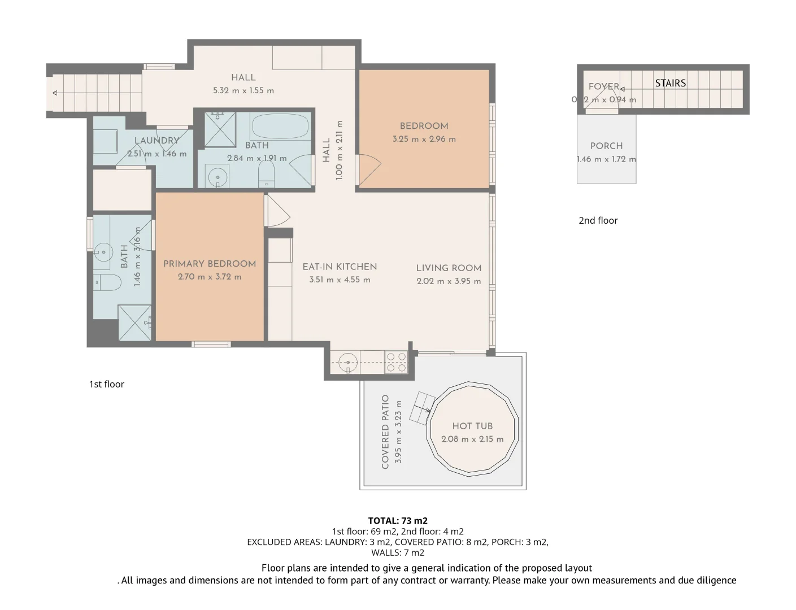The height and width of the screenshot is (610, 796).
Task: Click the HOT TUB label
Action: (x=472, y=426)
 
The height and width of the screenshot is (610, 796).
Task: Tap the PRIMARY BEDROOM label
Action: (x=210, y=264)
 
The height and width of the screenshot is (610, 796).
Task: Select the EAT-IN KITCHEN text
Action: (x=340, y=267)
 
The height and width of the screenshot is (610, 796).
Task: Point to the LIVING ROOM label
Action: (x=449, y=268)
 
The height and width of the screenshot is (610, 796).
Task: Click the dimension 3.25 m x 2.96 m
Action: (x=424, y=139)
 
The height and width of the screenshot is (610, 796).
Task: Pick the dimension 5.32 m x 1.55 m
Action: (x=243, y=90)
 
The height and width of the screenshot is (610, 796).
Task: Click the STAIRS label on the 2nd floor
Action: (x=671, y=83)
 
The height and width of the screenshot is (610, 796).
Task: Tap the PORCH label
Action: (x=606, y=146)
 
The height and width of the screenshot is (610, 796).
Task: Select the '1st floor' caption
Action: (x=106, y=384)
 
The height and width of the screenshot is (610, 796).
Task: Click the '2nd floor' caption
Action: (x=598, y=220)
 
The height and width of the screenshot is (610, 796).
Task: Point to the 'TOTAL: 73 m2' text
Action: (x=398, y=521)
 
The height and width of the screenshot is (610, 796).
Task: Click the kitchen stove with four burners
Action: (x=396, y=362)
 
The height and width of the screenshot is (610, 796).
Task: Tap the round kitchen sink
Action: (x=349, y=362)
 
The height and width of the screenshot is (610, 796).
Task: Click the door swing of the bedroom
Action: (x=369, y=169)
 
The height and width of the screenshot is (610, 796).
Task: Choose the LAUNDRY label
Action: (x=156, y=141)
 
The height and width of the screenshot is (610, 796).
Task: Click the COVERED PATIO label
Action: (x=385, y=432)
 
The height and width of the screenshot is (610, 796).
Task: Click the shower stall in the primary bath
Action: (x=134, y=323)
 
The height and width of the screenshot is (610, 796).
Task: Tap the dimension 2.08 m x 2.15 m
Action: (x=472, y=439)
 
